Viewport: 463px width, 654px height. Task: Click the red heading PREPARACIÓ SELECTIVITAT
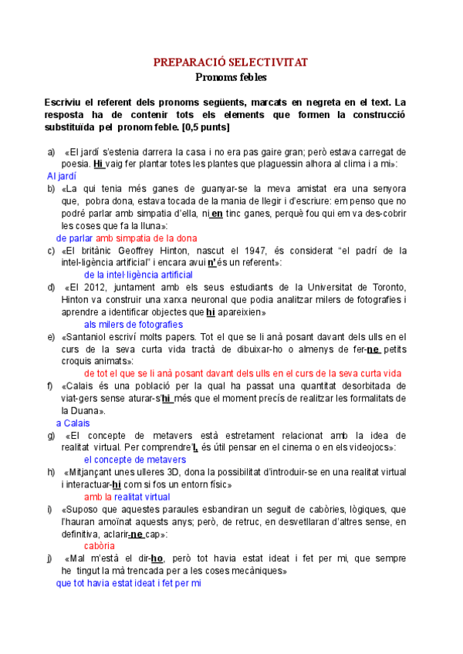(x=231, y=62)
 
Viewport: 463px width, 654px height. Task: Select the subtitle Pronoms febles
(x=231, y=77)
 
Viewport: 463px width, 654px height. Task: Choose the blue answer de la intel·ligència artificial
(x=138, y=275)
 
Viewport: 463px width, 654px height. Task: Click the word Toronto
(x=386, y=287)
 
